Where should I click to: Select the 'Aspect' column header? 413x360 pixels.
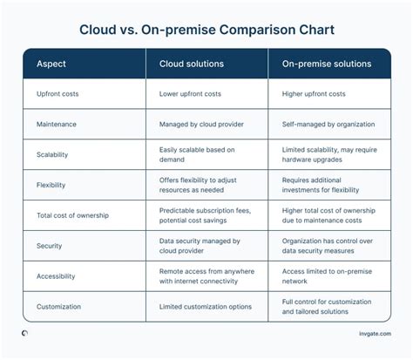pos(51,64)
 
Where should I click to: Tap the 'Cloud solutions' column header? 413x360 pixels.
pos(192,64)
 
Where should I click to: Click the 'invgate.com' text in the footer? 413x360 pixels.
pos(373,334)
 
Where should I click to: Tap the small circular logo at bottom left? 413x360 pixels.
pos(24,333)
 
